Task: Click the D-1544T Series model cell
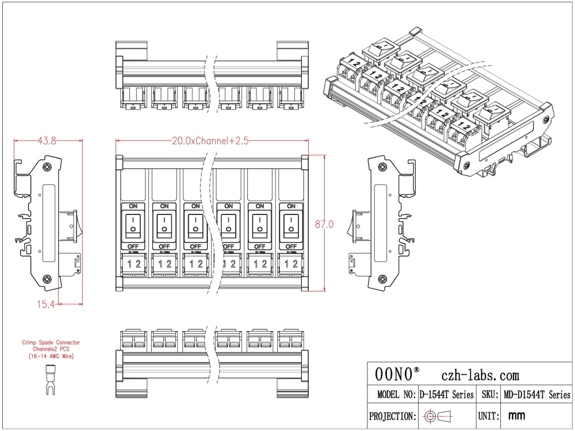[x=446, y=395]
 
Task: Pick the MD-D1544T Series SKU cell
[x=537, y=395]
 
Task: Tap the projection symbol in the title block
[x=438, y=416]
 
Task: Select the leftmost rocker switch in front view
[x=133, y=225]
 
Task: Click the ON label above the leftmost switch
[x=133, y=206]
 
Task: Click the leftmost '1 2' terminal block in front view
[x=133, y=264]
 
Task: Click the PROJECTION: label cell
[x=392, y=416]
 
